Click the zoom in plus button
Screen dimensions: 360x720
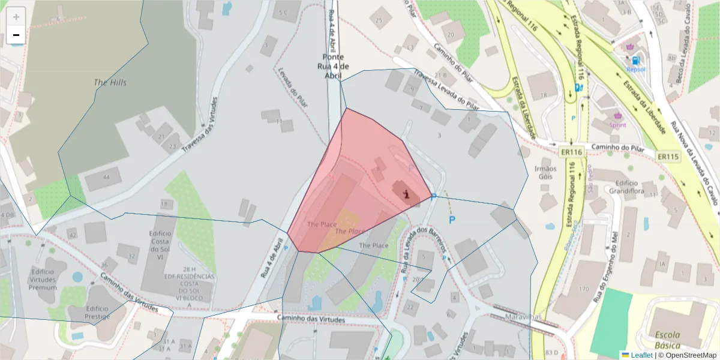[x=16, y=17]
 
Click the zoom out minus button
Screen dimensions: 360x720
[x=16, y=35]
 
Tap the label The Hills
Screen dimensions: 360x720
[x=110, y=82]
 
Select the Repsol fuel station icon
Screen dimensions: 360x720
[x=635, y=60]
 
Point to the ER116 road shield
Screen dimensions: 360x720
[x=572, y=152]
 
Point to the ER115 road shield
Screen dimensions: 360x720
[x=668, y=157]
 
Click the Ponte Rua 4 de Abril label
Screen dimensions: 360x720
[x=333, y=66]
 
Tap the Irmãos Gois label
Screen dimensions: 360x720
[x=545, y=172]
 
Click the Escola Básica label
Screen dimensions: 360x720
[x=667, y=340]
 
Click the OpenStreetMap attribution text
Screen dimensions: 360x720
[x=687, y=355]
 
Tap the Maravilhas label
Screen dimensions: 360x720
[x=524, y=317]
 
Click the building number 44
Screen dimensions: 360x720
[x=107, y=177]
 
